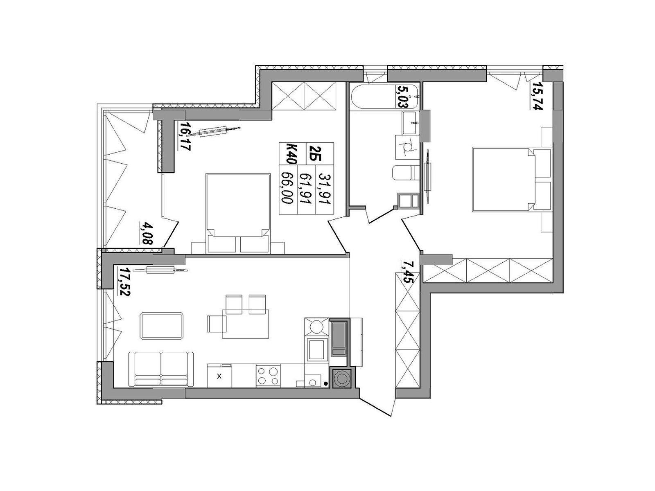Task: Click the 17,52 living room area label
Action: [x=124, y=281]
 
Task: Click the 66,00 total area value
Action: [x=287, y=188]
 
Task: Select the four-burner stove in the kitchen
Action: [x=268, y=376]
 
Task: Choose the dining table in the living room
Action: [x=245, y=324]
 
